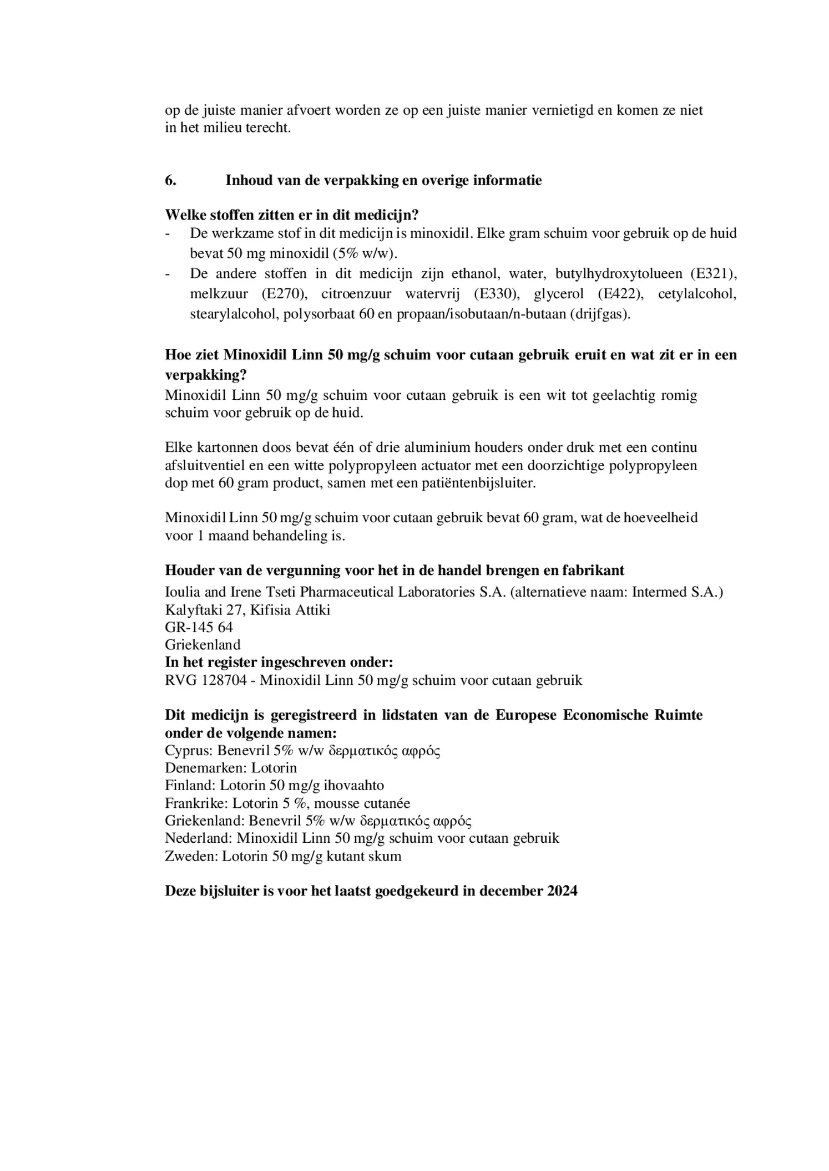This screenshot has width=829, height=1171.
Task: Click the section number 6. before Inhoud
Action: (170, 181)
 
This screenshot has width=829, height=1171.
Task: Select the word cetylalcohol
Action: (697, 294)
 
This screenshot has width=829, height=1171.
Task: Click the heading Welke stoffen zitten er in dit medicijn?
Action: (291, 215)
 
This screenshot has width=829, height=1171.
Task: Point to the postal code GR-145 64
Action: (199, 627)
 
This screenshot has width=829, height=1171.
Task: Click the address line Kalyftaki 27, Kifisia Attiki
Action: (247, 610)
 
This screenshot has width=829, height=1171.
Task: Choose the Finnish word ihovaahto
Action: (352, 786)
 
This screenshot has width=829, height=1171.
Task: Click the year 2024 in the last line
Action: (562, 891)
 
